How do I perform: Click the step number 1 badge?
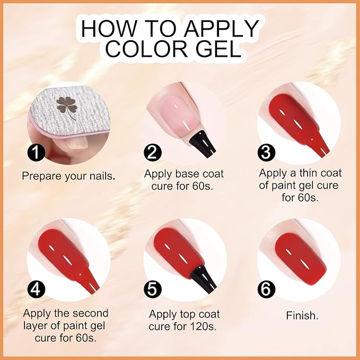36,153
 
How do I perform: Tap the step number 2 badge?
153,153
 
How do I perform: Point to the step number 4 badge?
36,289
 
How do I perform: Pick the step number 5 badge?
153,289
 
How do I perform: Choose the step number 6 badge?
266,289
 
